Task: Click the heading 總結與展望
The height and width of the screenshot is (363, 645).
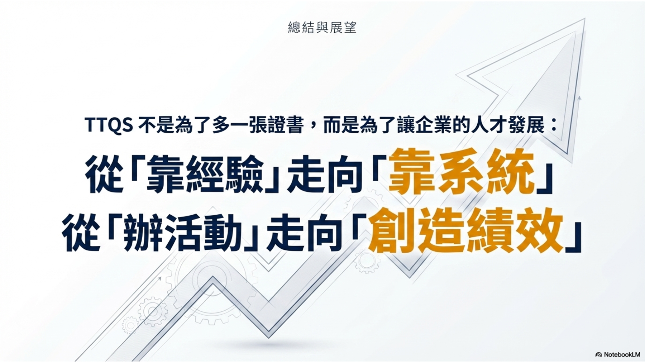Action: (322, 28)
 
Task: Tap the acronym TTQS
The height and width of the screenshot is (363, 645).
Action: (109, 125)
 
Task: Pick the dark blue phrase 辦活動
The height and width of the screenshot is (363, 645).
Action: (182, 233)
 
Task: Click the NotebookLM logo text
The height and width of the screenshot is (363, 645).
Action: (622, 354)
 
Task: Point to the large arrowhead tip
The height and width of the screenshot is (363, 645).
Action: (585, 19)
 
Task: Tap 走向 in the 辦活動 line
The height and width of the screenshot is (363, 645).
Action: (304, 233)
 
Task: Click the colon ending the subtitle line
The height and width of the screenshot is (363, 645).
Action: (554, 125)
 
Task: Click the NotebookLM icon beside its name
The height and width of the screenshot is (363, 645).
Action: (598, 355)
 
